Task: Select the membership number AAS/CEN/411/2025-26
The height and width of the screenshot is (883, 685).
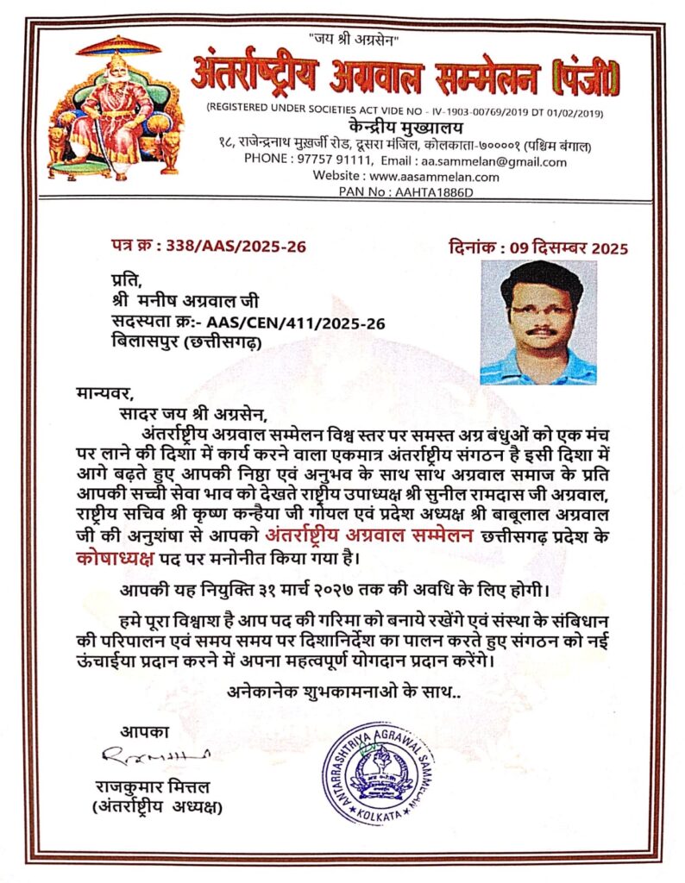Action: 296,323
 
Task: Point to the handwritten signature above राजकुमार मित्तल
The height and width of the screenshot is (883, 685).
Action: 155,756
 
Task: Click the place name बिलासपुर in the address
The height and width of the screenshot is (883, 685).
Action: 145,342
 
